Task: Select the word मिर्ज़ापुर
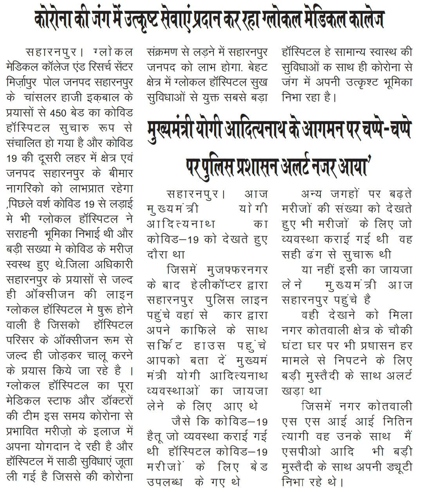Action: tap(23, 83)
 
